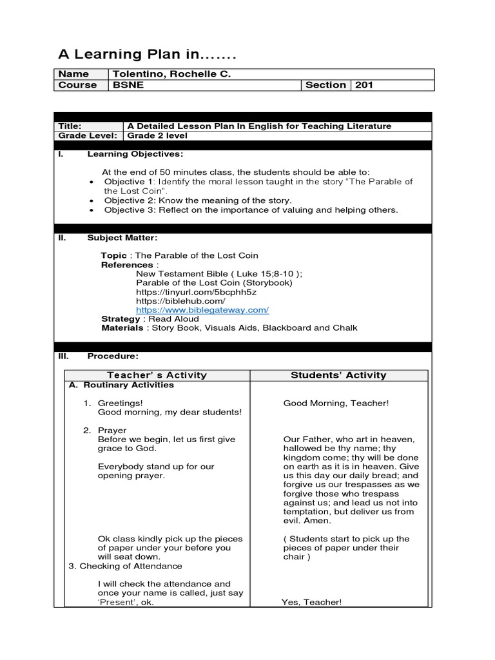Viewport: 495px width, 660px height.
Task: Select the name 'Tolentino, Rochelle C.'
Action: coord(171,74)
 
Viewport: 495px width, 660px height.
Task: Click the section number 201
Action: coord(364,85)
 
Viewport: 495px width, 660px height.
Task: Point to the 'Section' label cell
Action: coord(325,85)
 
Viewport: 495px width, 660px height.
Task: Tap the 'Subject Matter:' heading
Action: coord(122,238)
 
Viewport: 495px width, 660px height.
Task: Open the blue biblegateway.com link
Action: coord(202,310)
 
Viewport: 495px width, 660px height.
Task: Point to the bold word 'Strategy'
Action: coord(121,319)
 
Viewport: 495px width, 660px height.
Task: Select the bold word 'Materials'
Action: coord(122,328)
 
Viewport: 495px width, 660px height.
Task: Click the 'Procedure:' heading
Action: coord(113,356)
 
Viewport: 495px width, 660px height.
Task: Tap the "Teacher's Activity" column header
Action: coord(157,375)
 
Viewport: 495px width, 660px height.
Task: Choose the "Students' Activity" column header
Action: coord(338,375)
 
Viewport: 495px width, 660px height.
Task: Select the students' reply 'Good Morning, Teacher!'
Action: coord(336,403)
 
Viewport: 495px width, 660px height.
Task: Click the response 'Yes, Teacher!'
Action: coord(311,602)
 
